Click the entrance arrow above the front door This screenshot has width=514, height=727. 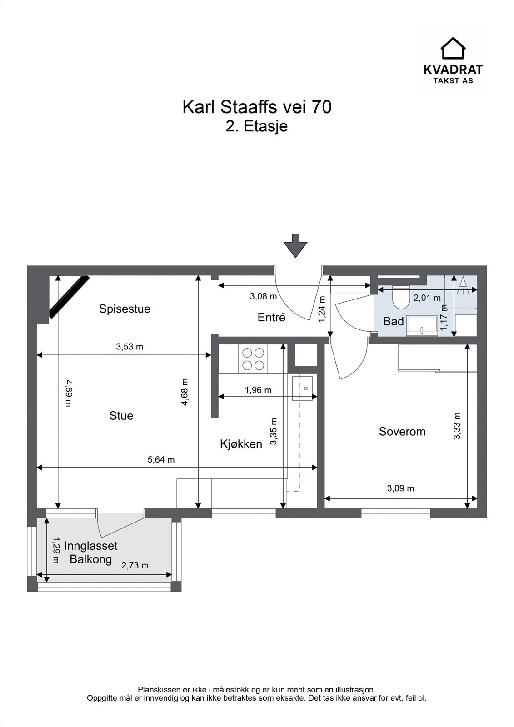(x=295, y=246)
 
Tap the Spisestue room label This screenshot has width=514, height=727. (x=125, y=309)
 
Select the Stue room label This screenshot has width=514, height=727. (x=121, y=416)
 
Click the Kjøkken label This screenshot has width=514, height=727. (x=241, y=443)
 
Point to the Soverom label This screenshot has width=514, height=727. (x=402, y=431)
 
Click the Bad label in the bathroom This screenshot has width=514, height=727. (x=394, y=321)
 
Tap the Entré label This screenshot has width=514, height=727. (x=271, y=317)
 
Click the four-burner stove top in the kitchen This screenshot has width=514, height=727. (x=253, y=359)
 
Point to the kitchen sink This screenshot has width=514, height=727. (x=302, y=388)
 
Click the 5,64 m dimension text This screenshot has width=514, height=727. (x=161, y=459)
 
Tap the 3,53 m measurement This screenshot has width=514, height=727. (x=130, y=347)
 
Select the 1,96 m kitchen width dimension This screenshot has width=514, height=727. (x=258, y=390)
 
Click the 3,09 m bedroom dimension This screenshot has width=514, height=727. (x=401, y=488)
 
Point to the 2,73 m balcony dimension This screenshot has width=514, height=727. (x=135, y=565)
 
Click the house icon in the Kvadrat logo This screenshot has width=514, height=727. (x=453, y=48)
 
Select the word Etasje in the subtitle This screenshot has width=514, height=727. (x=265, y=126)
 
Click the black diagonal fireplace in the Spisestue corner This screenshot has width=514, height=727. (x=69, y=297)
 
